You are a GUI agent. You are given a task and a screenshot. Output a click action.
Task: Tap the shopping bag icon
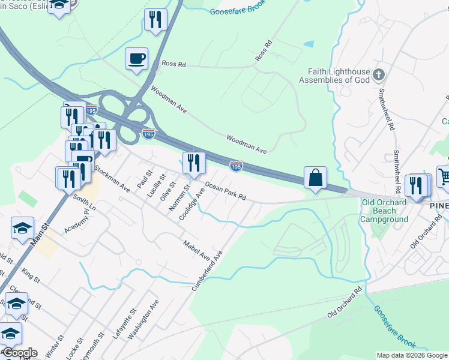(x=315, y=178)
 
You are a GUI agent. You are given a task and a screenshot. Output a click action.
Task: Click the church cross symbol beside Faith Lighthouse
(x=378, y=75)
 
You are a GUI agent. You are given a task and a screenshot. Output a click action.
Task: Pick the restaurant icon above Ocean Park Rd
(x=194, y=163)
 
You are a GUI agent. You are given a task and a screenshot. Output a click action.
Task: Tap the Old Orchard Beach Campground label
(x=384, y=211)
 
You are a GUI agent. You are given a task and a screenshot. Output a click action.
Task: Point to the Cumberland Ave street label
(x=207, y=271)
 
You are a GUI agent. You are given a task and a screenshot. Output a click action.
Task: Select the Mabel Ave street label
(x=196, y=247)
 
